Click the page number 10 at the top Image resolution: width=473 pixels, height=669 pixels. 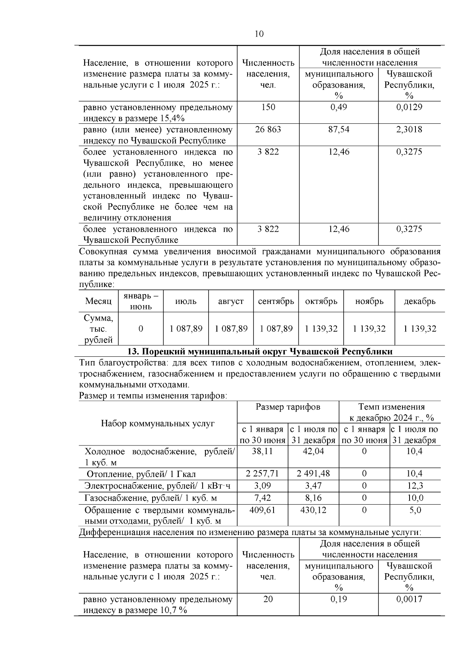point(259,34)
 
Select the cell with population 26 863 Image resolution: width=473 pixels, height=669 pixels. point(268,130)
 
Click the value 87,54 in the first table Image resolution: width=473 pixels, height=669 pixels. point(339,130)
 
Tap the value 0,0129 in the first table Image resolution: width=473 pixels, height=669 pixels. point(409,107)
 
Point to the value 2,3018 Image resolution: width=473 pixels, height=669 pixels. point(409,130)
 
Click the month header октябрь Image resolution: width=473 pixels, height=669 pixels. point(321,301)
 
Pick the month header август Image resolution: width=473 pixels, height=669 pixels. point(231,301)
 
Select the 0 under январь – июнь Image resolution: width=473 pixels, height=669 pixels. point(141,329)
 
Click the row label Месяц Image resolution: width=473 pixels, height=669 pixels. point(99,301)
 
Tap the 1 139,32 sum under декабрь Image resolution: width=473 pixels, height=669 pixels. point(420,329)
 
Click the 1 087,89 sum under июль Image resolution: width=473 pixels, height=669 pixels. point(186,329)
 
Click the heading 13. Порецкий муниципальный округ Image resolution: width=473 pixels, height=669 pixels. point(260,351)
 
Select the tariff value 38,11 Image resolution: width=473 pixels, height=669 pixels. point(262,451)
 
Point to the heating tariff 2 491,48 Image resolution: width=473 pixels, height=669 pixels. point(313,473)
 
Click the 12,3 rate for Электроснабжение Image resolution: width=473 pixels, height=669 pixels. point(415,486)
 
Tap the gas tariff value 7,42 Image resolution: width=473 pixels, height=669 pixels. point(262,498)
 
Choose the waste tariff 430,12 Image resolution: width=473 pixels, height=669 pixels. point(313,510)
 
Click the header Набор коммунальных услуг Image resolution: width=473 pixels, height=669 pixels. point(158,423)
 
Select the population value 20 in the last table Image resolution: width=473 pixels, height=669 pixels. point(268,599)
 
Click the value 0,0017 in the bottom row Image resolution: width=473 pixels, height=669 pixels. point(409,599)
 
